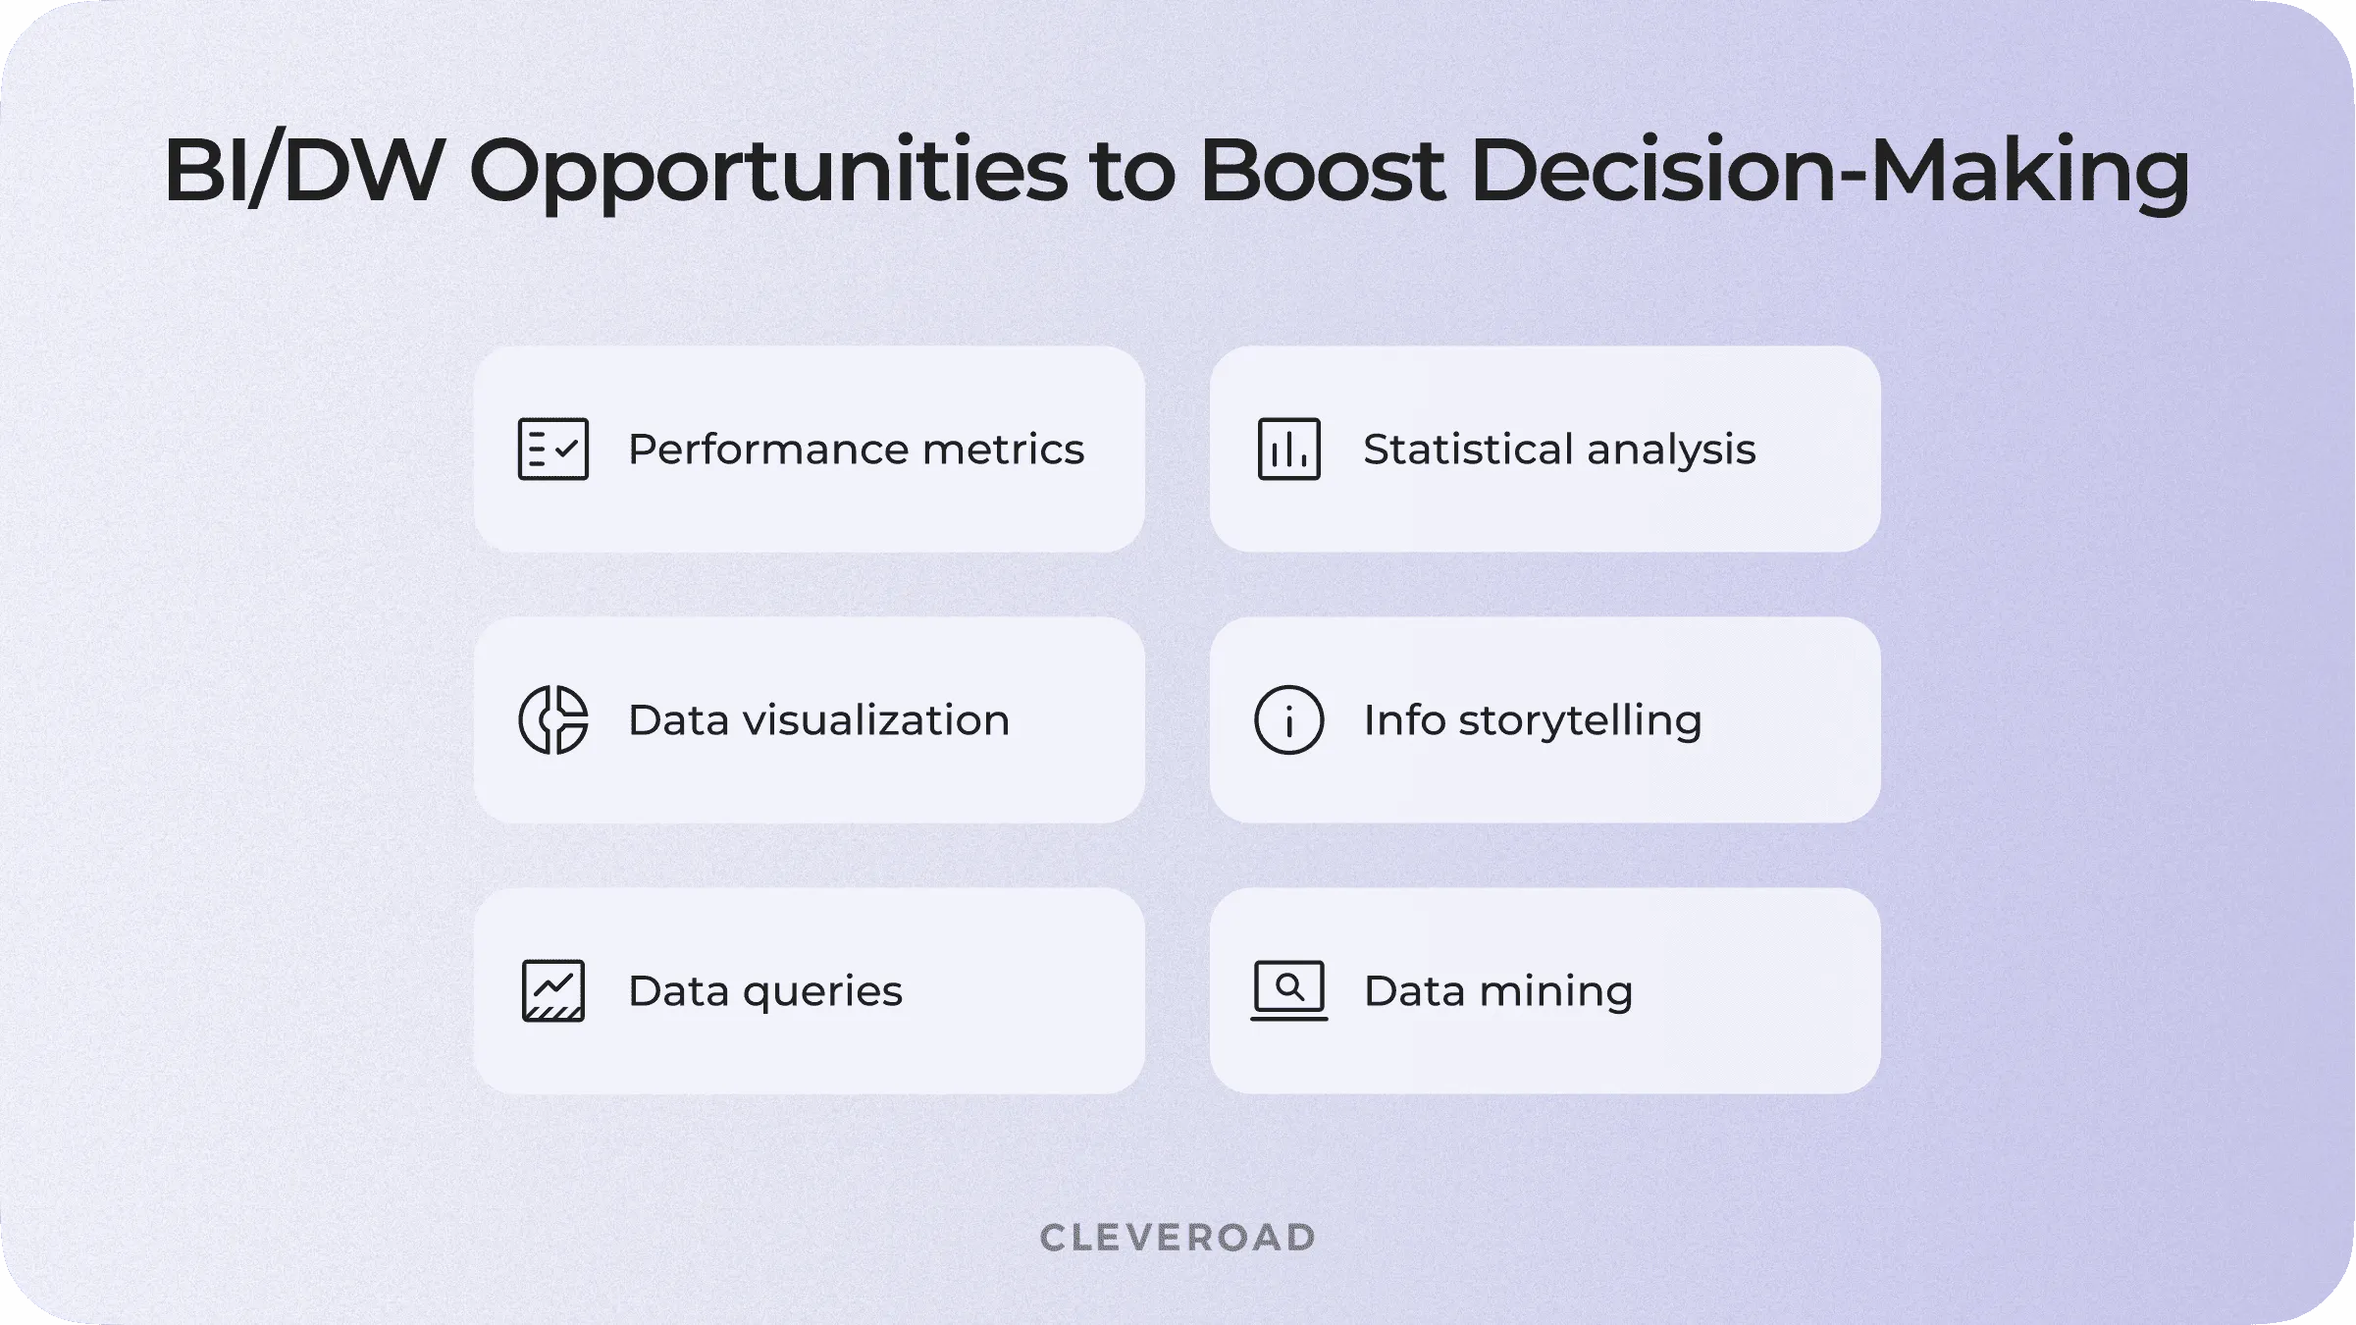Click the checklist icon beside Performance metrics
pyautogui.click(x=553, y=449)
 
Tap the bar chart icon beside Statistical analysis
pyautogui.click(x=1289, y=449)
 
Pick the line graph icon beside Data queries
pyautogui.click(x=553, y=990)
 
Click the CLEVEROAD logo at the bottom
pyautogui.click(x=1178, y=1238)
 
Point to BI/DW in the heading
pyautogui.click(x=304, y=171)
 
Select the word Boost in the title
pyautogui.click(x=1322, y=171)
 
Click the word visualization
pyautogui.click(x=876, y=720)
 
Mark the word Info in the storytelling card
pyautogui.click(x=1404, y=719)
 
